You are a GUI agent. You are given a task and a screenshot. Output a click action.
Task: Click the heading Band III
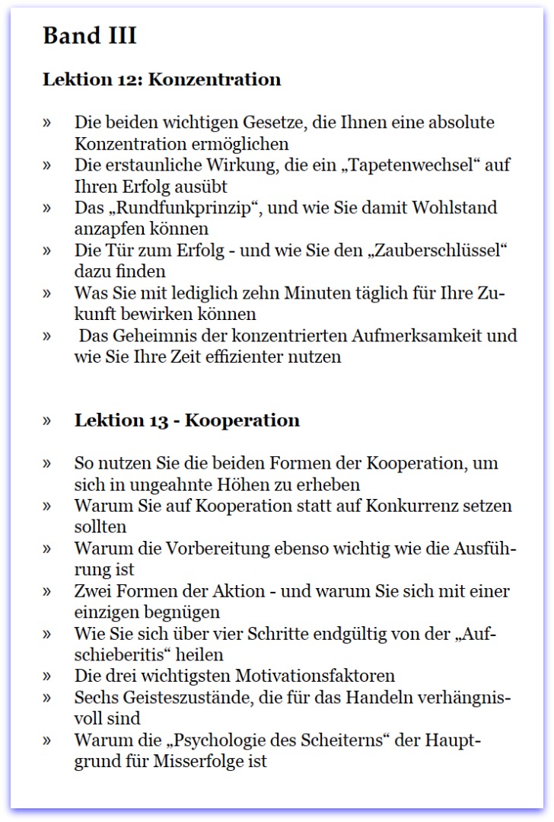(90, 36)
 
